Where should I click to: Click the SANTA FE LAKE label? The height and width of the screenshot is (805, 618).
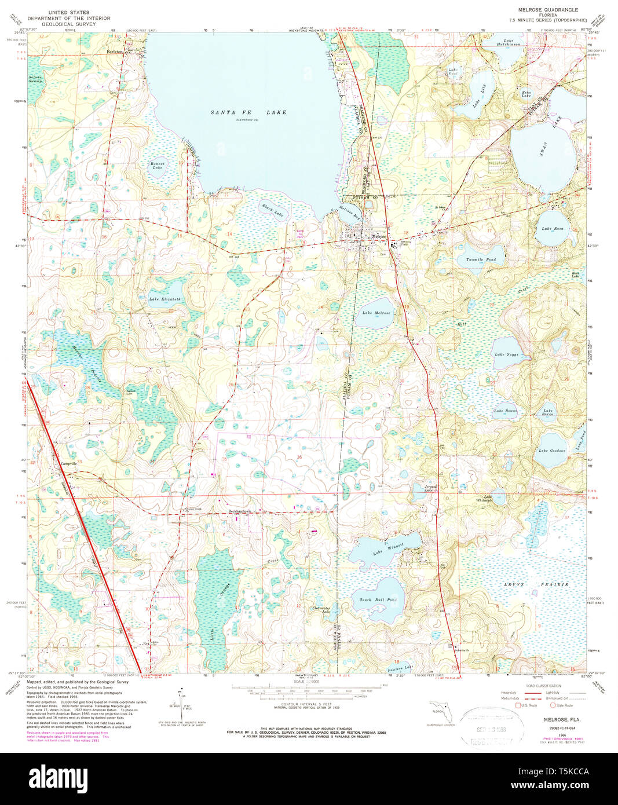point(248,112)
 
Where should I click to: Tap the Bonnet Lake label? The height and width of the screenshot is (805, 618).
point(157,166)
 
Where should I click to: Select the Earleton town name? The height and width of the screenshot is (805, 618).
point(115,52)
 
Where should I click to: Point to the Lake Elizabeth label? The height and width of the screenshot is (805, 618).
point(164,299)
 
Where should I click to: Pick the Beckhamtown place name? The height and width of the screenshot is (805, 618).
point(240,511)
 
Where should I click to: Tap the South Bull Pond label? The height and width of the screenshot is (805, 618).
point(378,600)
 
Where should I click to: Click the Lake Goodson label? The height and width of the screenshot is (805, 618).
point(551,451)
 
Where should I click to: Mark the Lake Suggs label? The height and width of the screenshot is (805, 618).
point(506,354)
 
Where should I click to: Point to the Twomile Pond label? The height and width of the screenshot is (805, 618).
point(481,260)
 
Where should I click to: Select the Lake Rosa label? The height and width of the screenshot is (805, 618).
point(552,229)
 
